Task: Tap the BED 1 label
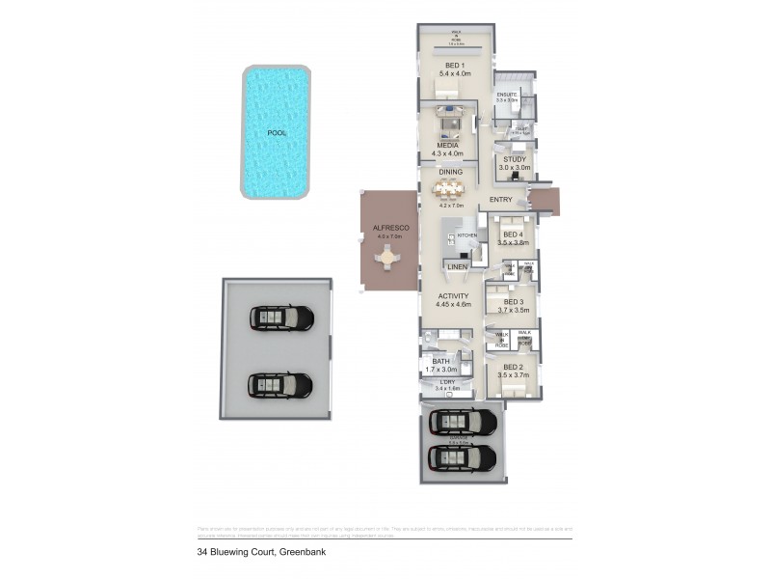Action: coord(452,65)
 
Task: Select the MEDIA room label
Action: coord(446,146)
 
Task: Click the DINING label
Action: coord(450,172)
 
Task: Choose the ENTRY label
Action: coord(500,200)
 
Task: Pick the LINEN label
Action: coord(458,266)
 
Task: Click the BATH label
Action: coord(440,362)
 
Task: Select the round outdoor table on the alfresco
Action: coord(387,258)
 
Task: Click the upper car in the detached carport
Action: coord(282,318)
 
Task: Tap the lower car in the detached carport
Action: coord(280,385)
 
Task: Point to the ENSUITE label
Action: coord(507,94)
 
